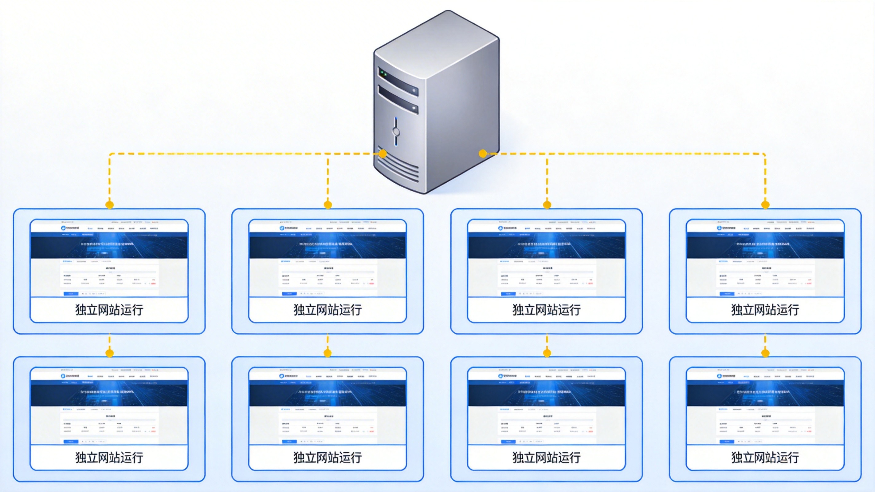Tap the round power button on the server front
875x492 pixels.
396,131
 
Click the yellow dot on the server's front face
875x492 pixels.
383,154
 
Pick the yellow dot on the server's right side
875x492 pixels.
483,154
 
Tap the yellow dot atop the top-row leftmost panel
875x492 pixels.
109,205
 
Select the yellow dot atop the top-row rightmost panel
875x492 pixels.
765,205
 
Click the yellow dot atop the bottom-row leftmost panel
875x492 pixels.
109,353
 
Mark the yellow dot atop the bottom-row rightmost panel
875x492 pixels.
765,353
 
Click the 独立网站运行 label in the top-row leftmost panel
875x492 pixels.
109,310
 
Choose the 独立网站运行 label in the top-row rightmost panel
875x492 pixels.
765,310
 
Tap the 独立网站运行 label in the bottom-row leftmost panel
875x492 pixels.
109,458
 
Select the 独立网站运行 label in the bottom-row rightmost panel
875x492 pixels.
765,458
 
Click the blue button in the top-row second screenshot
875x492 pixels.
289,293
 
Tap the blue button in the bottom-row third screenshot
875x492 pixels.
508,441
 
